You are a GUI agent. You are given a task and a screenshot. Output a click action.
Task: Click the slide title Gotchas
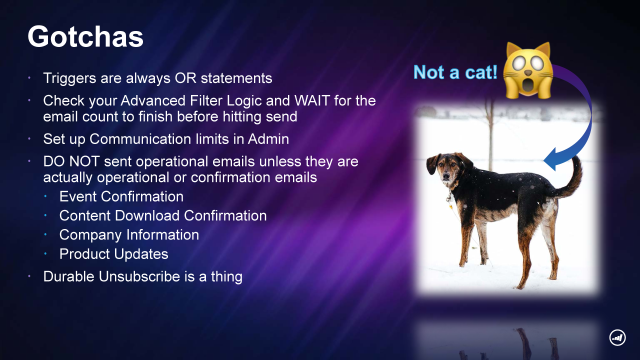pyautogui.click(x=85, y=36)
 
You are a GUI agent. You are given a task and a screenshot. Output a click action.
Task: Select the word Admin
pyautogui.click(x=268, y=139)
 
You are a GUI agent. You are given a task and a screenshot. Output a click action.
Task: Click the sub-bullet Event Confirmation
pyautogui.click(x=121, y=196)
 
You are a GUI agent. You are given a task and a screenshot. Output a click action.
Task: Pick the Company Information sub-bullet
pyautogui.click(x=129, y=235)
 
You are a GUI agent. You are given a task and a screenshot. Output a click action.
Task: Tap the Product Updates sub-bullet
pyautogui.click(x=113, y=254)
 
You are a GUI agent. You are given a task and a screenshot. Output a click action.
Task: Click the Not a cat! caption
pyautogui.click(x=455, y=72)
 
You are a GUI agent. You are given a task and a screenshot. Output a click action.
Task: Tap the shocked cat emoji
pyautogui.click(x=527, y=70)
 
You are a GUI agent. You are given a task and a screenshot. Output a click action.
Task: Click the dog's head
pyautogui.click(x=445, y=168)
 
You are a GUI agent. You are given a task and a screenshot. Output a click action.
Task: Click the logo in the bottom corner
pyautogui.click(x=617, y=337)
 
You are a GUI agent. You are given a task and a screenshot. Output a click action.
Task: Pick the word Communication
pyautogui.click(x=140, y=139)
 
